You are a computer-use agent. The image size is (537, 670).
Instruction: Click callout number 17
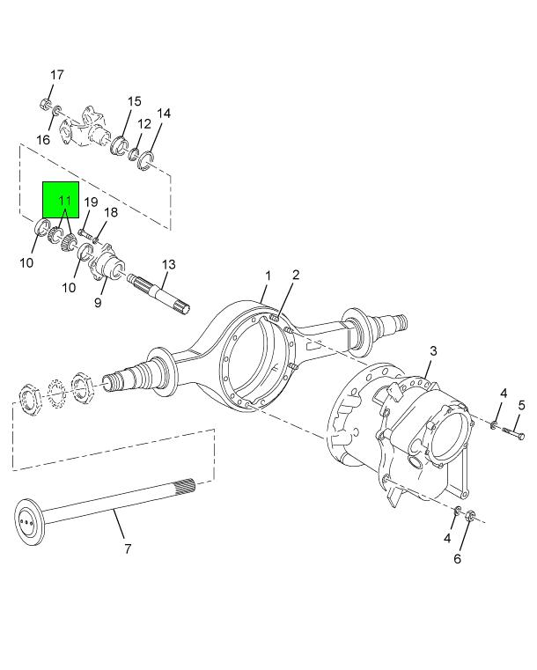click(57, 75)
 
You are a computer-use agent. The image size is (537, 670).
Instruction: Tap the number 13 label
click(169, 264)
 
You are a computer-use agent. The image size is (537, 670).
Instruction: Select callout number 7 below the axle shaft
click(128, 549)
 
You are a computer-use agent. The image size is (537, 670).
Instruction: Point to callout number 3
click(433, 350)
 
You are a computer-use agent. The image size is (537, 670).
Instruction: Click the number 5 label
click(522, 405)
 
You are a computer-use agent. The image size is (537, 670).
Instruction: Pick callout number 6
click(457, 558)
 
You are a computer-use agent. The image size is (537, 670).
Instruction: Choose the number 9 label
click(98, 303)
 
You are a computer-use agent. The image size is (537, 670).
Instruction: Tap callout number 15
click(134, 101)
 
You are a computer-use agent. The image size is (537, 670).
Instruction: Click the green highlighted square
click(61, 200)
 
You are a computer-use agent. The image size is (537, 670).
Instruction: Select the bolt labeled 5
click(513, 433)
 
